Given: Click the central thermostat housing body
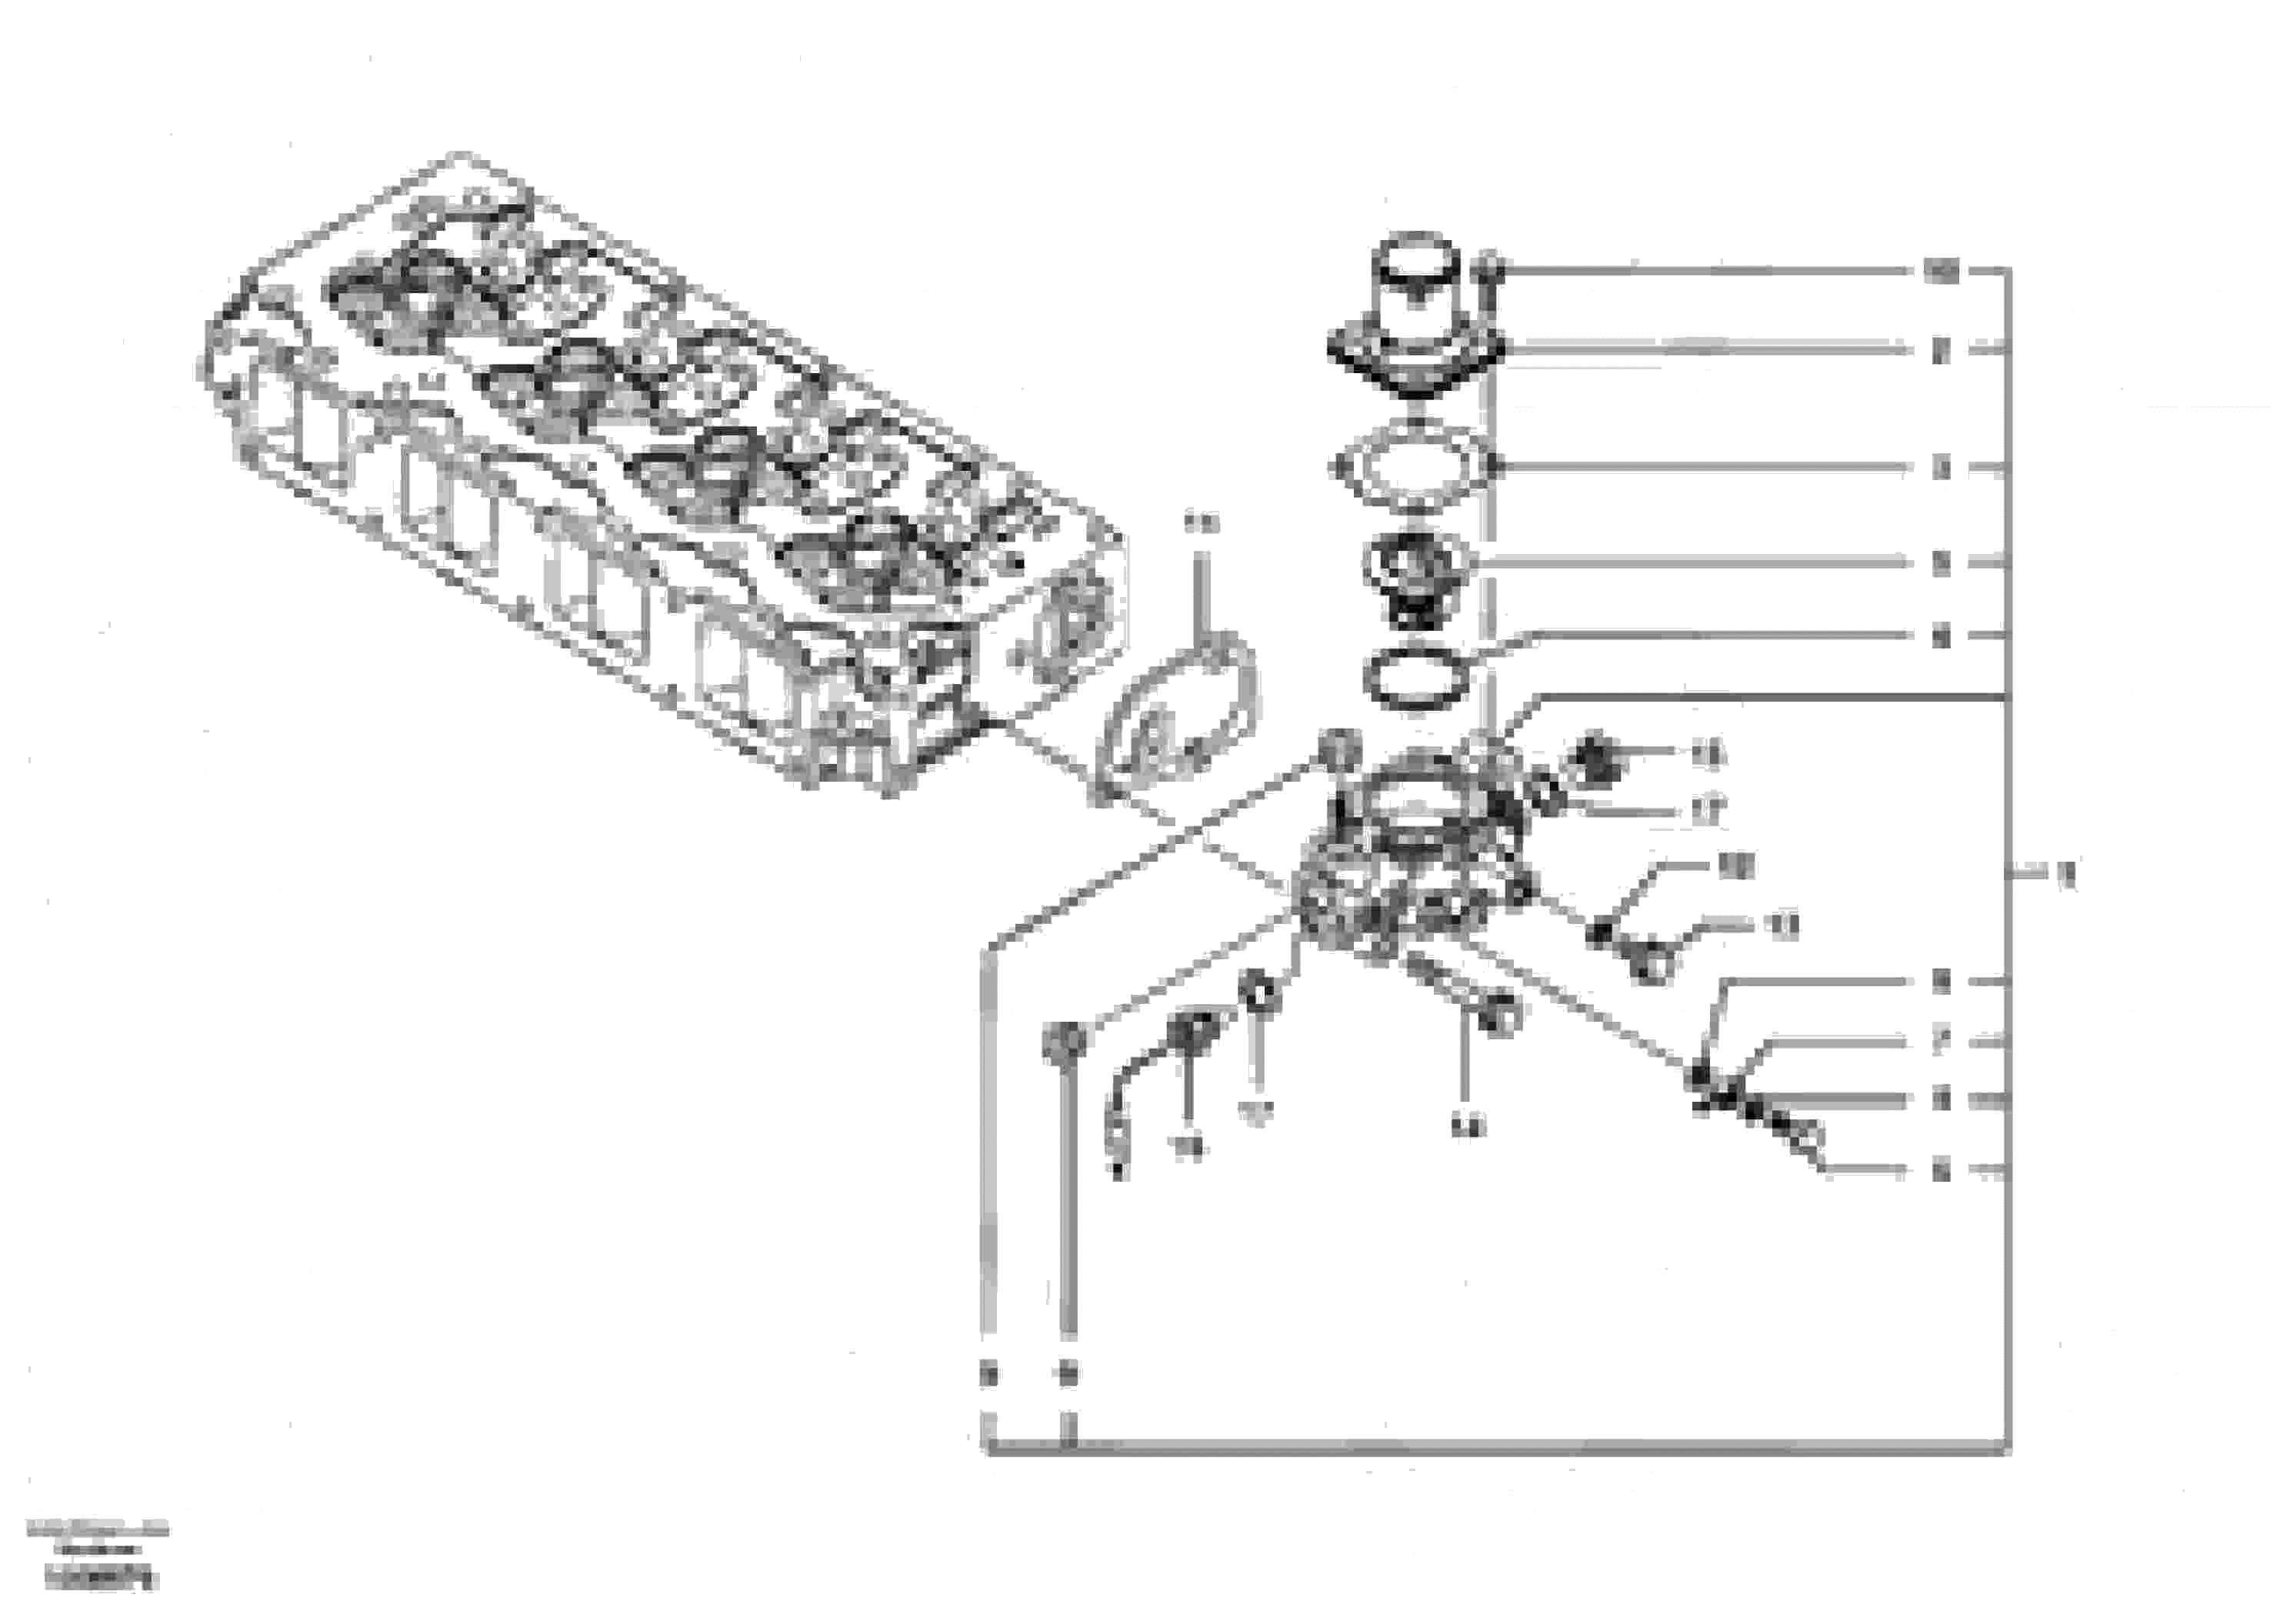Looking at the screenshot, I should point(1410,864).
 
